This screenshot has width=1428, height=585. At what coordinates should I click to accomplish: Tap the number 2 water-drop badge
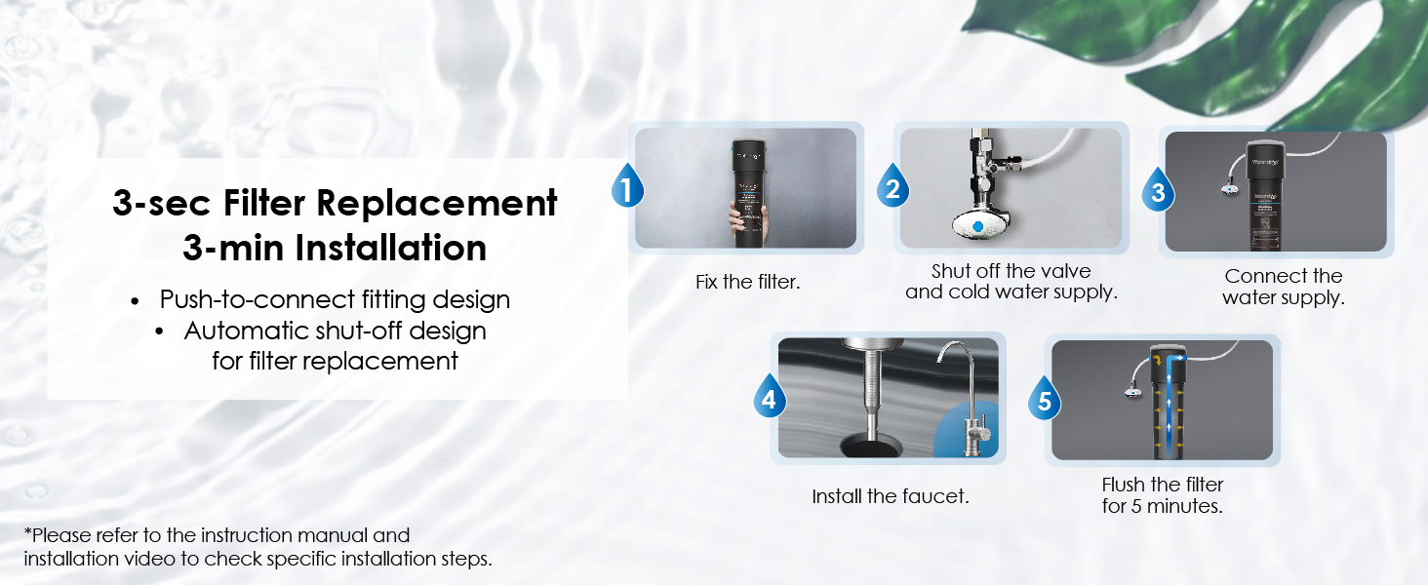tap(892, 185)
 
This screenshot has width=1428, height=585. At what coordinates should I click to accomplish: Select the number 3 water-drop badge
tap(1158, 189)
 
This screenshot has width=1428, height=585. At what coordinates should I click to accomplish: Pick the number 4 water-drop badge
tap(770, 396)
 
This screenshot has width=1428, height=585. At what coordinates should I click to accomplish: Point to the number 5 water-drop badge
tap(1045, 398)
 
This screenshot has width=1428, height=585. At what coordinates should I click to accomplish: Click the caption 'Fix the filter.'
tap(747, 282)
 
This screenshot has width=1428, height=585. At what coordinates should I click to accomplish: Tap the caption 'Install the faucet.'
tap(890, 495)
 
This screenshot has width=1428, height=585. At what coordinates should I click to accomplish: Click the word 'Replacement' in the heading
tap(437, 204)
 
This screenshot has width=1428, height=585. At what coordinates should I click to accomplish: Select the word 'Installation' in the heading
tap(391, 248)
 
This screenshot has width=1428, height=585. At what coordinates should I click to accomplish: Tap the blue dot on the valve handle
tap(978, 226)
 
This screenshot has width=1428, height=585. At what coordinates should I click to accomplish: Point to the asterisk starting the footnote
tap(27, 531)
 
